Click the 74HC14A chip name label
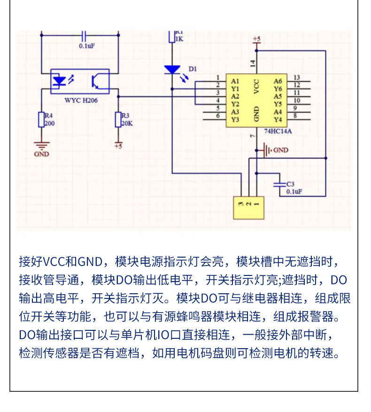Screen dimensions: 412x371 tap(278, 131)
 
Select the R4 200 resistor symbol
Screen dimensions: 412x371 tap(41, 120)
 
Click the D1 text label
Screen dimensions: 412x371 tap(192, 69)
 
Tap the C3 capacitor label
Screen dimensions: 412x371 tap(290, 184)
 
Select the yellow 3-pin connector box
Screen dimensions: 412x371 tap(249, 207)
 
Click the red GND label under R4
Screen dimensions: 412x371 tap(41, 154)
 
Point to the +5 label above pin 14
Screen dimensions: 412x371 tap(256, 38)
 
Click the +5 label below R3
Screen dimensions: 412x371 tap(118, 146)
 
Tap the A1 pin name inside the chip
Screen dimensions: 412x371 tap(235, 81)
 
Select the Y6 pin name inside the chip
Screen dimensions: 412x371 tap(278, 89)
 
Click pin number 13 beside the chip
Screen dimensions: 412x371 tap(297, 77)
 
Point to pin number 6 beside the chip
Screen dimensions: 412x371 tap(217, 116)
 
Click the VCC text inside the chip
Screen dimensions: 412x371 tap(256, 85)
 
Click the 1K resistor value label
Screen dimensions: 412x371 tap(179, 39)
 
